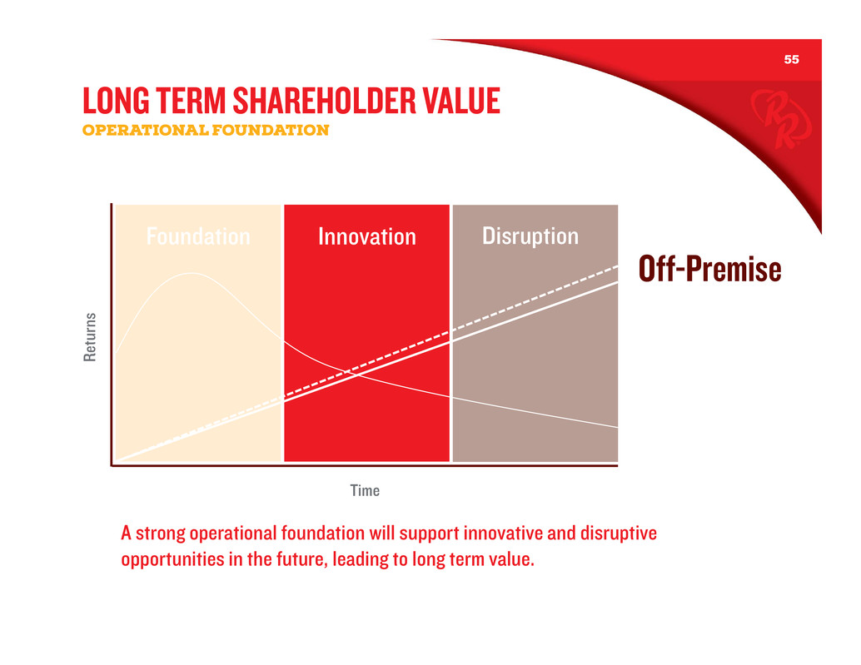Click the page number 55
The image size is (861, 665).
pyautogui.click(x=791, y=59)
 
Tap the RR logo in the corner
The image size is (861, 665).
pyautogui.click(x=780, y=118)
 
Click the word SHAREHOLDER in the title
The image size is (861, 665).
pyautogui.click(x=323, y=101)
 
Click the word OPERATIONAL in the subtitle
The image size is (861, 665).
pyautogui.click(x=145, y=130)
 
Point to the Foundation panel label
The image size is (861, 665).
pyautogui.click(x=198, y=236)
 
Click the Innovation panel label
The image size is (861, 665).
pyautogui.click(x=367, y=236)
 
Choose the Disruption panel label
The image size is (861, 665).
pyautogui.click(x=530, y=236)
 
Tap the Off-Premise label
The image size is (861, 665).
pyautogui.click(x=709, y=268)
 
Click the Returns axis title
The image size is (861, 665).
pyautogui.click(x=89, y=337)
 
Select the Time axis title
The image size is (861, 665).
pyautogui.click(x=365, y=490)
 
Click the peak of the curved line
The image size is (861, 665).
pyautogui.click(x=191, y=273)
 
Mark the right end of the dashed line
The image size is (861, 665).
pyautogui.click(x=617, y=266)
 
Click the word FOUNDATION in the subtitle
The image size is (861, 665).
pyautogui.click(x=270, y=130)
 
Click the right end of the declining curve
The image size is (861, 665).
pyautogui.click(x=617, y=427)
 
